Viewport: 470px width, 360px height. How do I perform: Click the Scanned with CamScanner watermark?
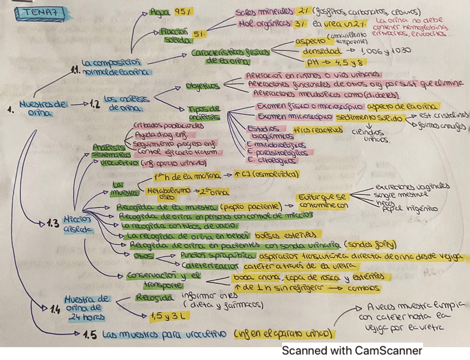pyautogui.click(x=352, y=351)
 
